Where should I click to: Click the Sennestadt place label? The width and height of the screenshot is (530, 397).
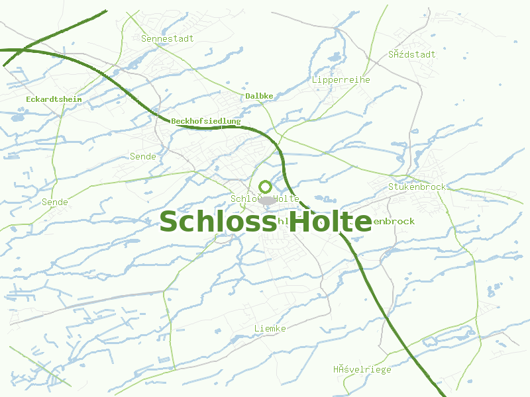168,38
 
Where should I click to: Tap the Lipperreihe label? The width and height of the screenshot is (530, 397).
341,79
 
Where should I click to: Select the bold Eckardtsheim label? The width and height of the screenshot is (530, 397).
54,99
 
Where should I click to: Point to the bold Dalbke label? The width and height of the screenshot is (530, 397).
259,96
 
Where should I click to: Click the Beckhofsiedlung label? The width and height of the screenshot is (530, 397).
205,121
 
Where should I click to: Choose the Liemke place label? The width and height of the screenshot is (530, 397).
270,328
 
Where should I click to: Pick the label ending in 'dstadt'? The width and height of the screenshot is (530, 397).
413,54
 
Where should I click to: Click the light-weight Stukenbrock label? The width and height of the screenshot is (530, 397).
417,187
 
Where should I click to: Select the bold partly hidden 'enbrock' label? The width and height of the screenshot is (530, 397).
394,221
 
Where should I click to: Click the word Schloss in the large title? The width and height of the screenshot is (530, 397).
217,222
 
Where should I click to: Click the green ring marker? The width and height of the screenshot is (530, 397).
266,187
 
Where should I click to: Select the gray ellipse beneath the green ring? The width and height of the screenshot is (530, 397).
267,200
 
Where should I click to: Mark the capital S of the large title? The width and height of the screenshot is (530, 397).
170,222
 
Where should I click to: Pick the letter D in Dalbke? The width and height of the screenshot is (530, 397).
248,96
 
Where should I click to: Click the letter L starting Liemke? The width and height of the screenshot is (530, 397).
257,328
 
